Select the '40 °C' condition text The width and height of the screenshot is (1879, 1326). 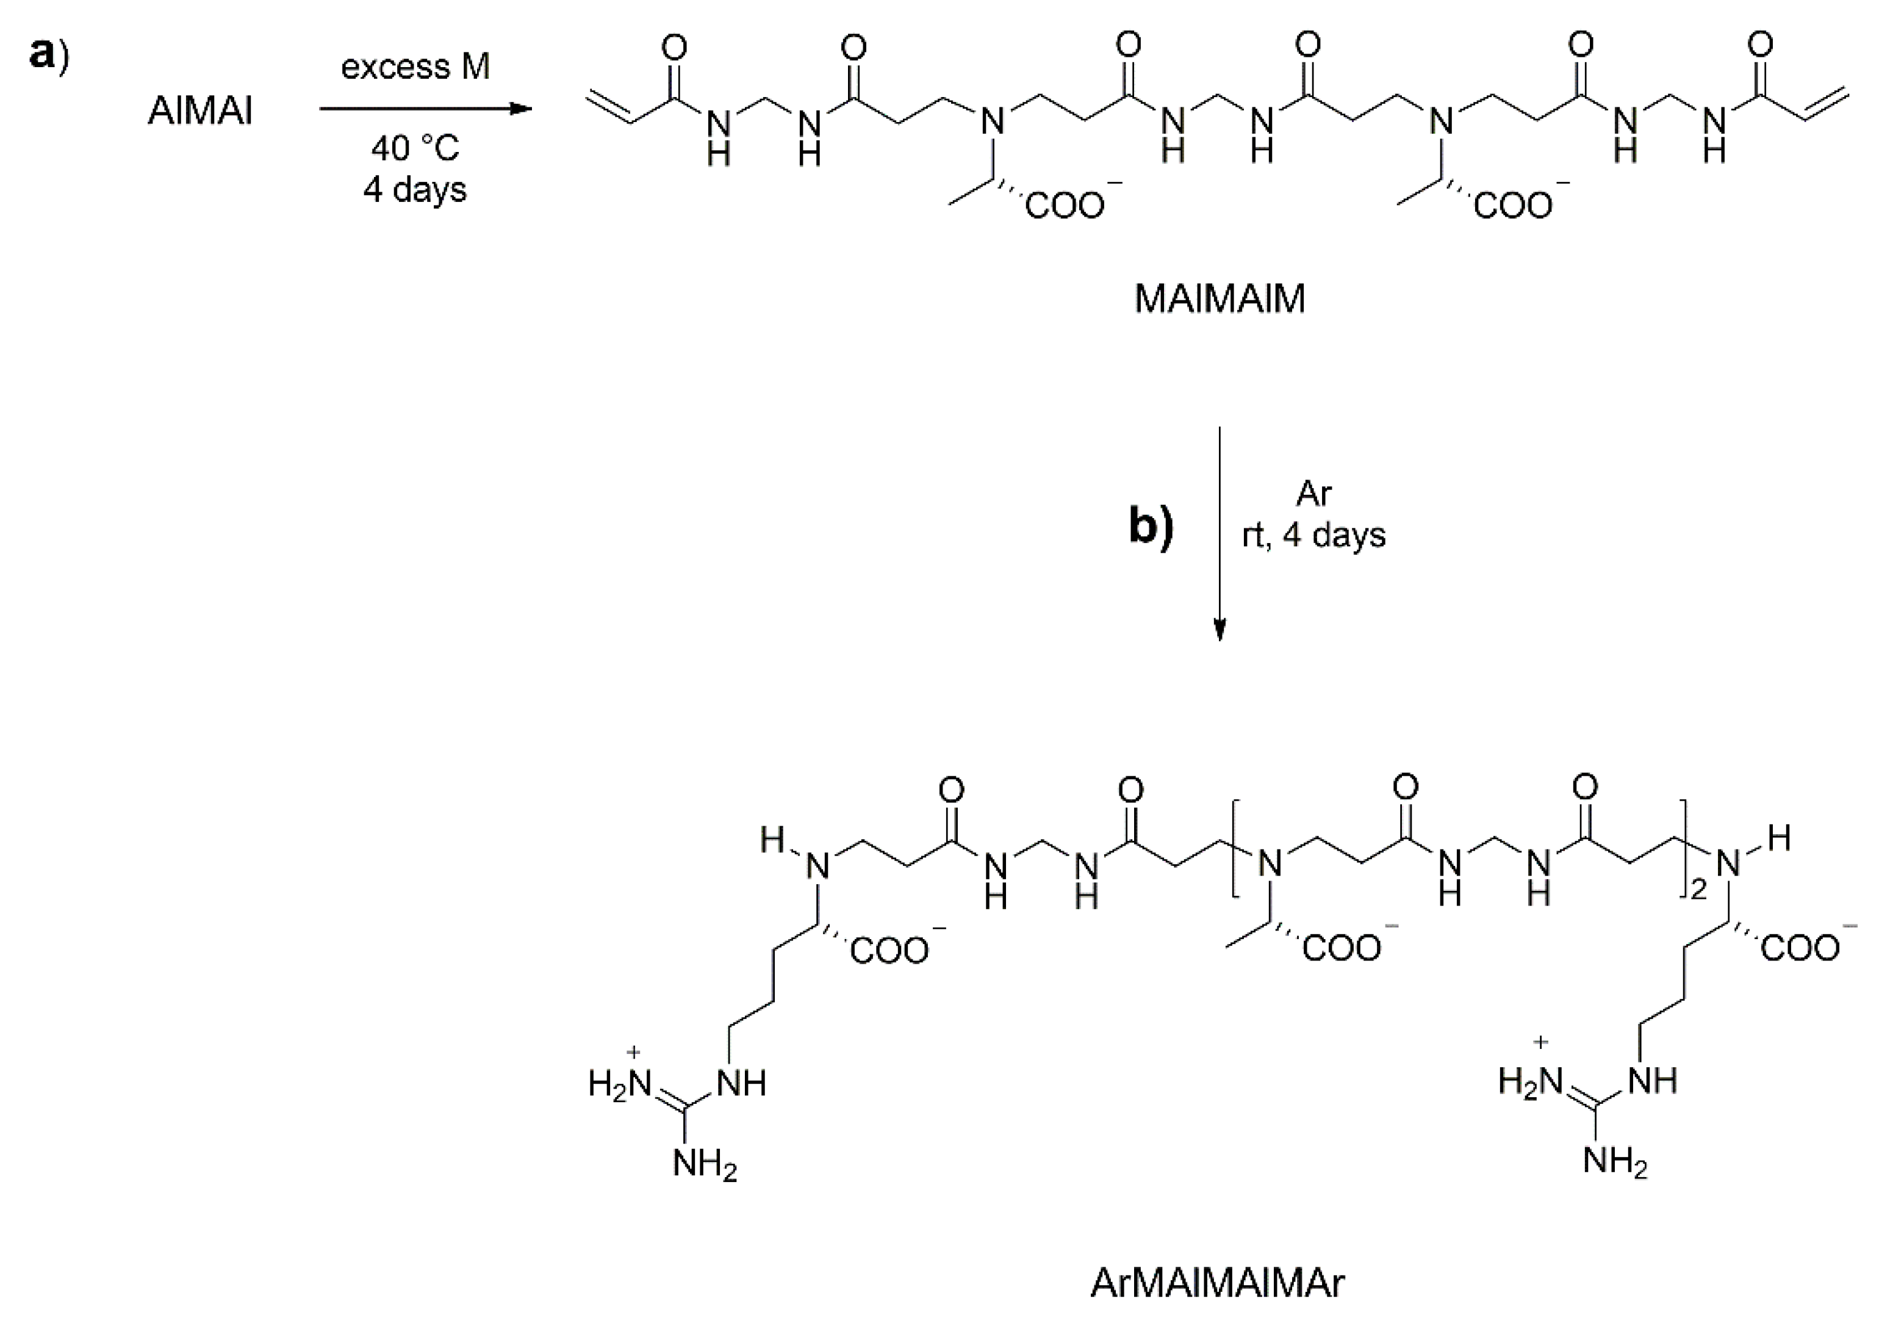(x=415, y=149)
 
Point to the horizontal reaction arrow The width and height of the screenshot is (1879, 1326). (x=426, y=109)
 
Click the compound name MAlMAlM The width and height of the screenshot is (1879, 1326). (x=1220, y=300)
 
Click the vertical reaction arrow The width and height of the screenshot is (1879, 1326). (x=1220, y=532)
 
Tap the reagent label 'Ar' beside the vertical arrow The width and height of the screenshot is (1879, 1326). (x=1313, y=494)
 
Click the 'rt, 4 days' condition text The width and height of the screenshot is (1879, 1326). (x=1313, y=535)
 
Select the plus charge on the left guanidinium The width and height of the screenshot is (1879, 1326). (x=633, y=1052)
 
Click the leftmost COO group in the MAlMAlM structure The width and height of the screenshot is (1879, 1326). (x=1064, y=204)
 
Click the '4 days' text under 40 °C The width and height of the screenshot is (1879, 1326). (x=415, y=190)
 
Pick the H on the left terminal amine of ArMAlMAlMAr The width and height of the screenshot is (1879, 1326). (x=771, y=840)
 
